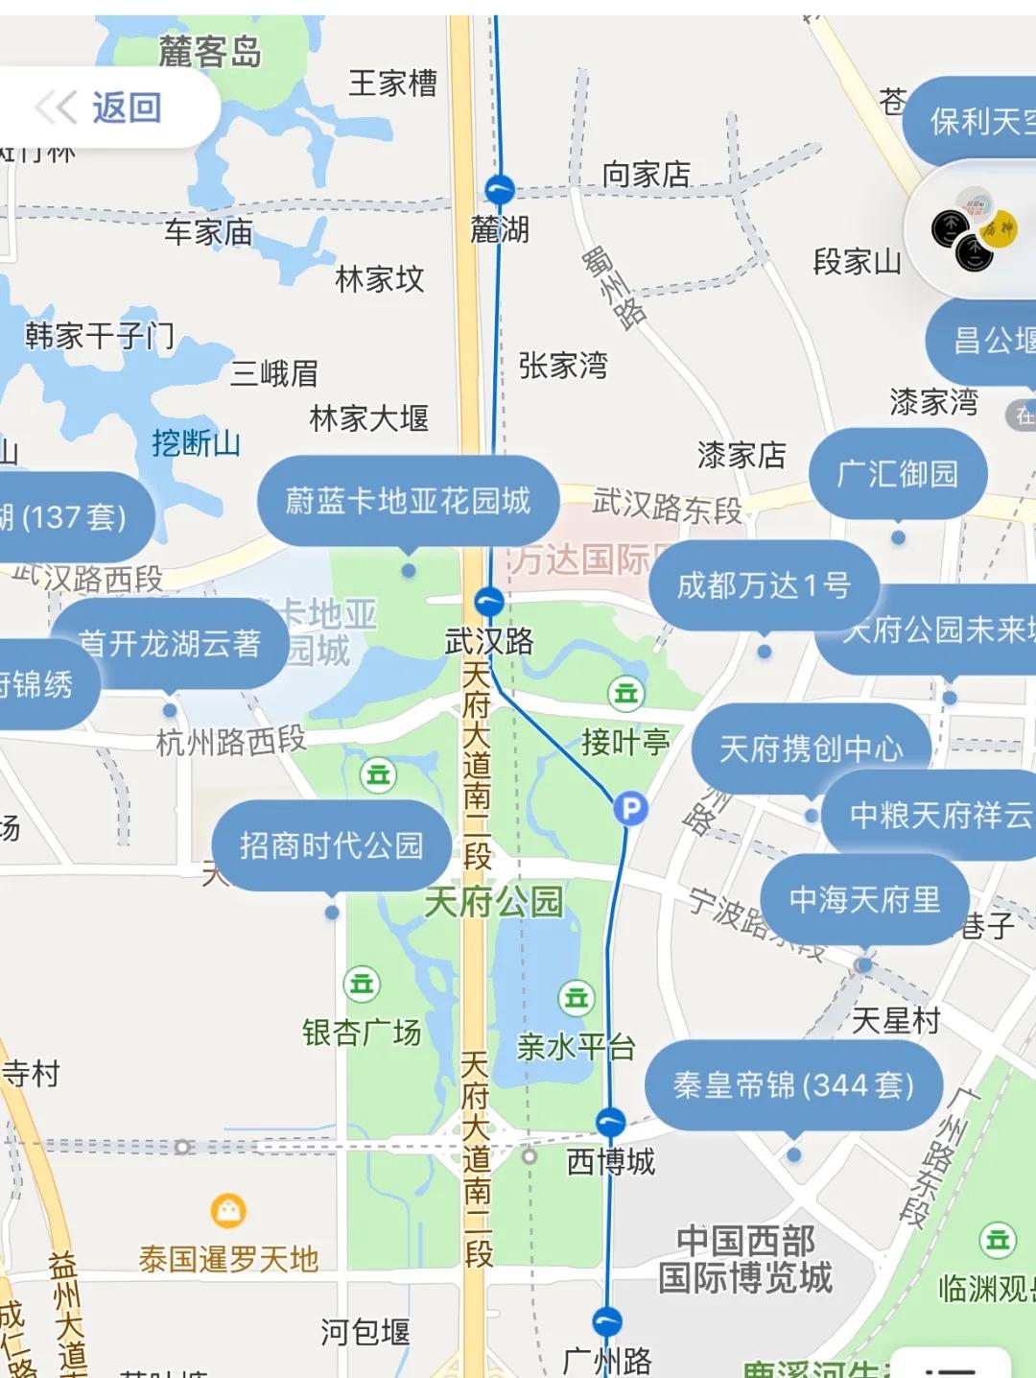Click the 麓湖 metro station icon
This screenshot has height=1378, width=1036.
[x=499, y=190]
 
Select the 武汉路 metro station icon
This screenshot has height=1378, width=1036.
[x=489, y=603]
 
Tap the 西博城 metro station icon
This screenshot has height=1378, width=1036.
[x=610, y=1122]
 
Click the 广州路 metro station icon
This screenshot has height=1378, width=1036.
[x=606, y=1321]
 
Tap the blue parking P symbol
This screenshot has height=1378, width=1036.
[x=630, y=809]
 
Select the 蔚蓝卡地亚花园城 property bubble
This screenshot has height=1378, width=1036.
[x=408, y=501]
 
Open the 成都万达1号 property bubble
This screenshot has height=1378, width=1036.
[x=764, y=585]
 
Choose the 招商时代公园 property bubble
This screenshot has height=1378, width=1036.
[x=331, y=845]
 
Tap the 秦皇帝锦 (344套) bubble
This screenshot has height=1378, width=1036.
[x=793, y=1085]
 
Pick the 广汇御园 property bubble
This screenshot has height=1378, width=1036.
[x=897, y=474]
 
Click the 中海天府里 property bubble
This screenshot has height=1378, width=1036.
[x=864, y=900]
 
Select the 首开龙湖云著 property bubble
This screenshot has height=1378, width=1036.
[x=169, y=643]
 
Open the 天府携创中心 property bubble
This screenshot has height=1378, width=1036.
[x=812, y=748]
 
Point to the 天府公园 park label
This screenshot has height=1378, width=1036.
[x=493, y=902]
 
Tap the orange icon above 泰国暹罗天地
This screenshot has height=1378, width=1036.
[x=227, y=1211]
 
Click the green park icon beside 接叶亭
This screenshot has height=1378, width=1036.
[x=625, y=693]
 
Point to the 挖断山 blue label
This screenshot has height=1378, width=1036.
[x=196, y=443]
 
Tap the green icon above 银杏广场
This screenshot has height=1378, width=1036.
[x=362, y=984]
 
